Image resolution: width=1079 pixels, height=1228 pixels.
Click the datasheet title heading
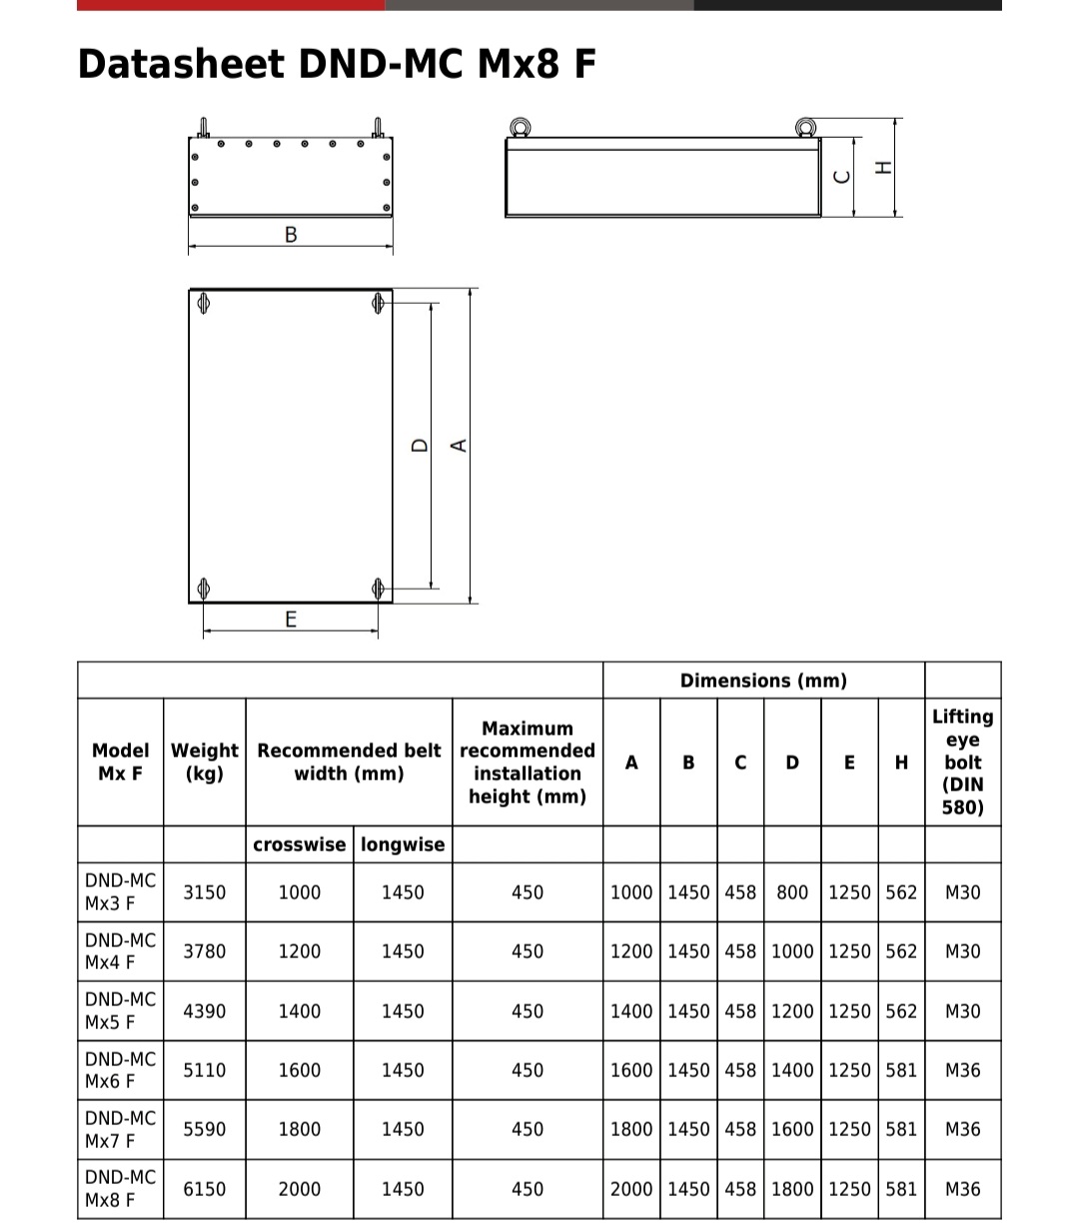tap(337, 64)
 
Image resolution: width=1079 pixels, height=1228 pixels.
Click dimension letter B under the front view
tap(291, 235)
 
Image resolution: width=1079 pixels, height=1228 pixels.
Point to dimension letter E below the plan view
tap(291, 619)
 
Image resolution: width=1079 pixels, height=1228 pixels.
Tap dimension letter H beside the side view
tap(882, 167)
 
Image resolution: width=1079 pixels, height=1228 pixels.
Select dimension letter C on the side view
tap(842, 176)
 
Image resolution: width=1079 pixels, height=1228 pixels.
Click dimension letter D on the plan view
tap(421, 446)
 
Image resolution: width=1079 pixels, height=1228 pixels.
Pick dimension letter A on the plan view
tap(460, 446)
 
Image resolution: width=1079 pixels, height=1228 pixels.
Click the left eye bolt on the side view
tap(520, 127)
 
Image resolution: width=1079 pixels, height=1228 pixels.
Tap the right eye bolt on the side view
tap(805, 127)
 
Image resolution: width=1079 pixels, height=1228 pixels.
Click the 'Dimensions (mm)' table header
tap(763, 680)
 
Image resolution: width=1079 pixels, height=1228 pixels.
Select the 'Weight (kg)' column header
tap(205, 761)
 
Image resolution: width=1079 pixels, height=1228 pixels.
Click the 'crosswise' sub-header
tap(299, 844)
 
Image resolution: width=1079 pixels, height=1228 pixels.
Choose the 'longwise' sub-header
tap(403, 844)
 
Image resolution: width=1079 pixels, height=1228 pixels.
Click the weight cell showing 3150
tap(205, 892)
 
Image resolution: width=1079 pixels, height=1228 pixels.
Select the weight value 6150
tap(205, 1189)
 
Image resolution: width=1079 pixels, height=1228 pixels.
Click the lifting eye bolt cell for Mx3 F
tap(963, 892)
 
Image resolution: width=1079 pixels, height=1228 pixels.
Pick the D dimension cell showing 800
tap(792, 892)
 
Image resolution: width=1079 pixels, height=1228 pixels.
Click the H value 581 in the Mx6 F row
tap(901, 1070)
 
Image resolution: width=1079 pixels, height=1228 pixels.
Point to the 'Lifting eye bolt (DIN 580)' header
tap(963, 761)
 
